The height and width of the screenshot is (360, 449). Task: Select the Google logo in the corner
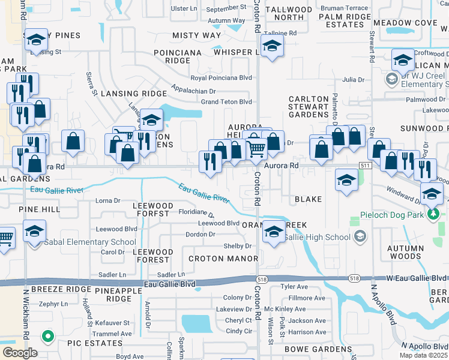pyautogui.click(x=20, y=353)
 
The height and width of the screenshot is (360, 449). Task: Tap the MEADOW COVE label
pyautogui.click(x=405, y=23)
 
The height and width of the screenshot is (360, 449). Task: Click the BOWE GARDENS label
pyautogui.click(x=318, y=349)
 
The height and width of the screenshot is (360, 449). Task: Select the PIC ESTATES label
pyautogui.click(x=95, y=343)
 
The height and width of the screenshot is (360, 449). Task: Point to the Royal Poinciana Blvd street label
pyautogui.click(x=221, y=78)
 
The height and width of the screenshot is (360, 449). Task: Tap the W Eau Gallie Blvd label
pyautogui.click(x=417, y=278)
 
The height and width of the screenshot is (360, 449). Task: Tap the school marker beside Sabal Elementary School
pyautogui.click(x=34, y=232)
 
